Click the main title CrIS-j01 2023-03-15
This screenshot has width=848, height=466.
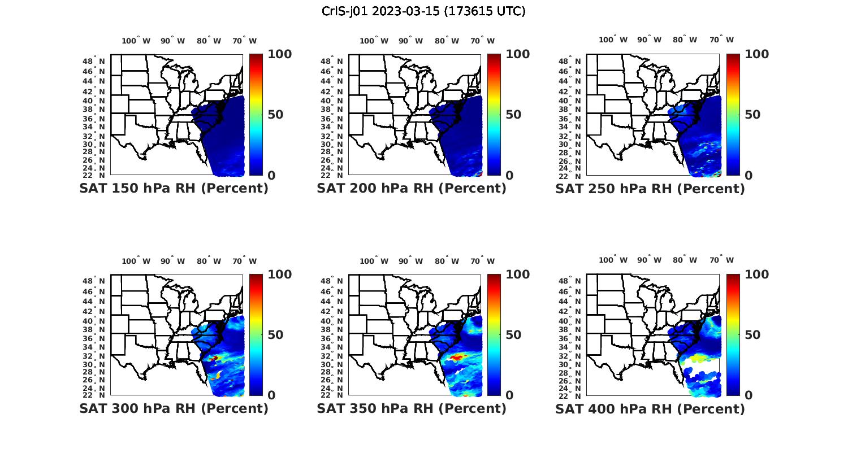[423, 11]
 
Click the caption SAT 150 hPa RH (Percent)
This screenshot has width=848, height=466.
[174, 189]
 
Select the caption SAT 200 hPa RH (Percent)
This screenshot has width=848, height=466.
[412, 189]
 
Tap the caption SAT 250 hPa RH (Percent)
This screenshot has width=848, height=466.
[650, 189]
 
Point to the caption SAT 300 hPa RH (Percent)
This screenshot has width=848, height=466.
[174, 408]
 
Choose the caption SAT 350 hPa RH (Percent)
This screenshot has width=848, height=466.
[412, 408]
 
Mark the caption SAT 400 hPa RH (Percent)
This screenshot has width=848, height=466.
[650, 408]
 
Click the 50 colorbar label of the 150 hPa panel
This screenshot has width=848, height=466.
[276, 115]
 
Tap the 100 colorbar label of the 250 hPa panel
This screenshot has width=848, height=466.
[757, 54]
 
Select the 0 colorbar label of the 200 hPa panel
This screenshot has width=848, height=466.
[509, 176]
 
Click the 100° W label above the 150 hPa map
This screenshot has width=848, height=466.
[136, 41]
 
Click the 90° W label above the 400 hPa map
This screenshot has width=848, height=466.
[648, 260]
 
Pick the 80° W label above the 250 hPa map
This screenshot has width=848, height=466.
[685, 40]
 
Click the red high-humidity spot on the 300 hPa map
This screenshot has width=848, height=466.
[214, 358]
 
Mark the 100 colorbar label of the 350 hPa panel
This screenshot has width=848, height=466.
[518, 275]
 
